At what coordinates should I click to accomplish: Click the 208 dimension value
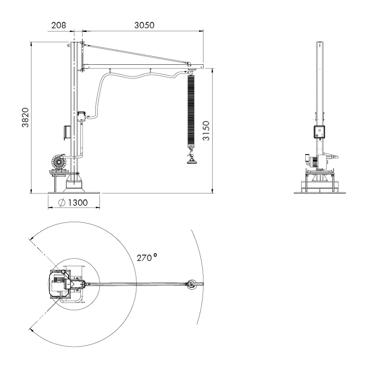click(59, 25)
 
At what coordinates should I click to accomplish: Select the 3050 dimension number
click(144, 25)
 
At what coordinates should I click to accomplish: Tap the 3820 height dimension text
click(25, 117)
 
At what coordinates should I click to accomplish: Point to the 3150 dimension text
click(206, 130)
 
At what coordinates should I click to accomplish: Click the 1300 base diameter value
click(78, 203)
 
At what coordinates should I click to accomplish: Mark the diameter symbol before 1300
click(62, 203)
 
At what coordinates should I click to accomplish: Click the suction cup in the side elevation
click(192, 162)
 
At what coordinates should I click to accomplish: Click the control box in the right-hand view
click(319, 132)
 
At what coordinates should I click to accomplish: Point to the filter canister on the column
click(81, 117)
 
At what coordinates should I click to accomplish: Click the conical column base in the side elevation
click(74, 183)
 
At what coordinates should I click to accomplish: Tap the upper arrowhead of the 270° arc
click(31, 239)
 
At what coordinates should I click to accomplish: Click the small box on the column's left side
click(67, 132)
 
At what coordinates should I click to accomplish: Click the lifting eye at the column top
click(68, 45)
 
